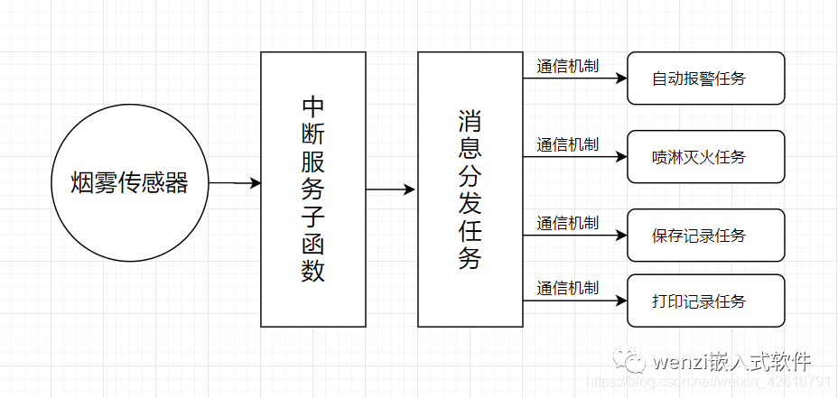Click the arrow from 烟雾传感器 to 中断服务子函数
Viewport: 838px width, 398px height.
click(235, 183)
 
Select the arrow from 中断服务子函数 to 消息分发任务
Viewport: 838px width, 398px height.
click(391, 190)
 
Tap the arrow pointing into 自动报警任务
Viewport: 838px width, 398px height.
click(575, 78)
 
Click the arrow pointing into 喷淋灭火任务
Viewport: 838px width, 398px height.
click(575, 156)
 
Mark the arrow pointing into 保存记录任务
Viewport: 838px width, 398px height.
click(575, 235)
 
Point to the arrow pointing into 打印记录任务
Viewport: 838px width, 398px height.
click(575, 301)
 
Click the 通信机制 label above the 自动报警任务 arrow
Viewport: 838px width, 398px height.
click(568, 66)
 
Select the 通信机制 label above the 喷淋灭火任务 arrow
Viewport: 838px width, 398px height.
click(568, 144)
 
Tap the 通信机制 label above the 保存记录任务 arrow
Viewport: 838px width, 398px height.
click(568, 223)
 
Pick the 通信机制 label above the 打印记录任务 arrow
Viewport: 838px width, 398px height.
click(568, 289)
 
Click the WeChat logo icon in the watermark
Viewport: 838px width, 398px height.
click(630, 359)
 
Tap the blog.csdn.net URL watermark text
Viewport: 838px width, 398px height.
click(711, 382)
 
